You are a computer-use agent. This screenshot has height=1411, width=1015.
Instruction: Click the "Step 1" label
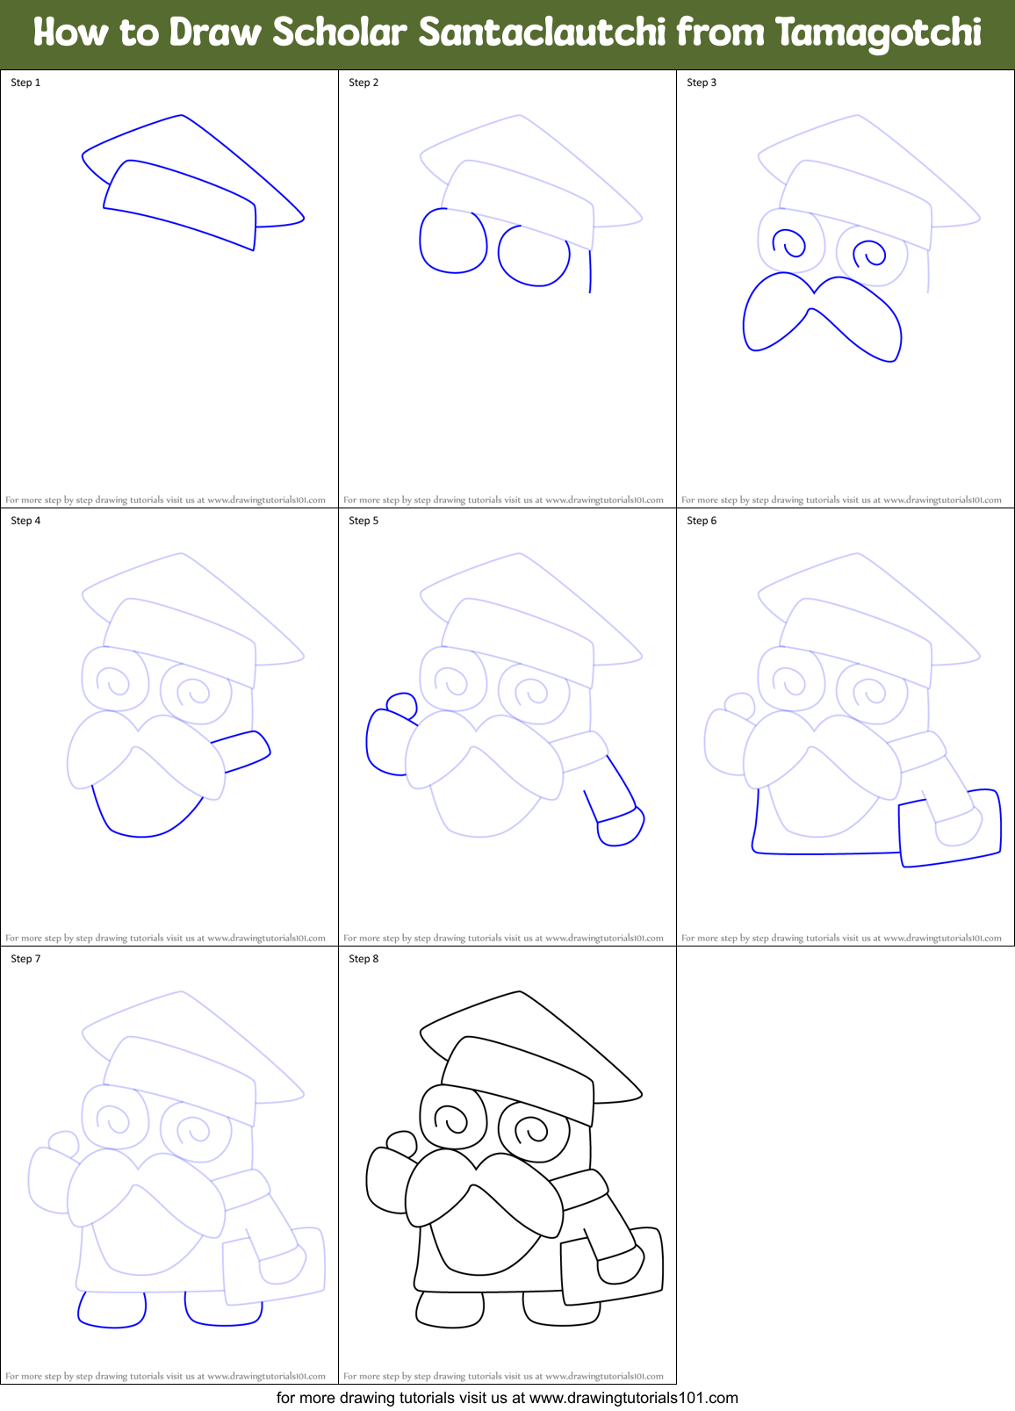(x=25, y=83)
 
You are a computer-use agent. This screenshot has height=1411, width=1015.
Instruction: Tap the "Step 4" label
(x=25, y=521)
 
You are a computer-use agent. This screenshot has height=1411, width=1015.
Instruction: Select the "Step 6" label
(x=702, y=521)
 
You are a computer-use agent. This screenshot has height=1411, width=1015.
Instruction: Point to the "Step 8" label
(x=364, y=959)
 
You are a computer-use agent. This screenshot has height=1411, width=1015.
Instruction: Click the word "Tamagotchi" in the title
(x=878, y=32)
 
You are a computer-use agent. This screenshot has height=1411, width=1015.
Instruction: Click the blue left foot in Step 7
(x=112, y=1310)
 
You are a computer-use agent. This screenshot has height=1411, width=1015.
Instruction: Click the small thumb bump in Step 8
(x=401, y=1143)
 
